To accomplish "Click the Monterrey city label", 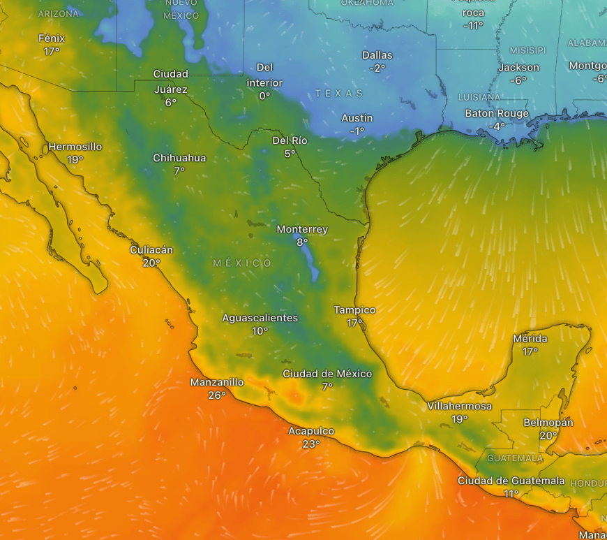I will tap(301, 229).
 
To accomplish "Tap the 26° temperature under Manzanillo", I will tap(217, 395).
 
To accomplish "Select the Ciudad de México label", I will tap(327, 374).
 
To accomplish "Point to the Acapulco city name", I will tap(311, 431).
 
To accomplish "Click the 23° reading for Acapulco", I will tap(311, 444).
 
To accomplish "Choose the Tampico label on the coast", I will tap(354, 309).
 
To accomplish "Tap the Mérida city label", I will tap(530, 339).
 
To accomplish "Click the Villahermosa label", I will tap(459, 406).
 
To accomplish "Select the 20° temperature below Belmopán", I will tap(548, 436).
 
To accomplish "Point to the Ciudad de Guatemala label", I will tap(511, 481).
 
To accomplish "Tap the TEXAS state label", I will tap(339, 93).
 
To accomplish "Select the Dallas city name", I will tap(377, 55).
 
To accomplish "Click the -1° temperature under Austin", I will tap(357, 131).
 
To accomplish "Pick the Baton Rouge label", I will tap(497, 113).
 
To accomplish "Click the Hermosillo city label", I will tap(75, 147).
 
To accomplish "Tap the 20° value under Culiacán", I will tap(151, 263).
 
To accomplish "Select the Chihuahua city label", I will tap(179, 158).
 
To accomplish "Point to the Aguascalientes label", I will tap(260, 318).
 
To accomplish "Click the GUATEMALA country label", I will tap(515, 458).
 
